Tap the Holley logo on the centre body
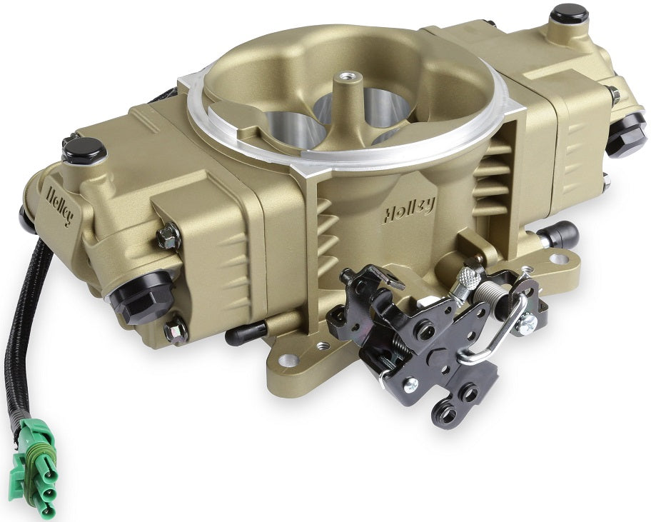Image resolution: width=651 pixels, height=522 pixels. click(409, 208)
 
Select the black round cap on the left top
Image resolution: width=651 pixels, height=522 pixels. click(84, 149)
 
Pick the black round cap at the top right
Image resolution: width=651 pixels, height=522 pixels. click(570, 13)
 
